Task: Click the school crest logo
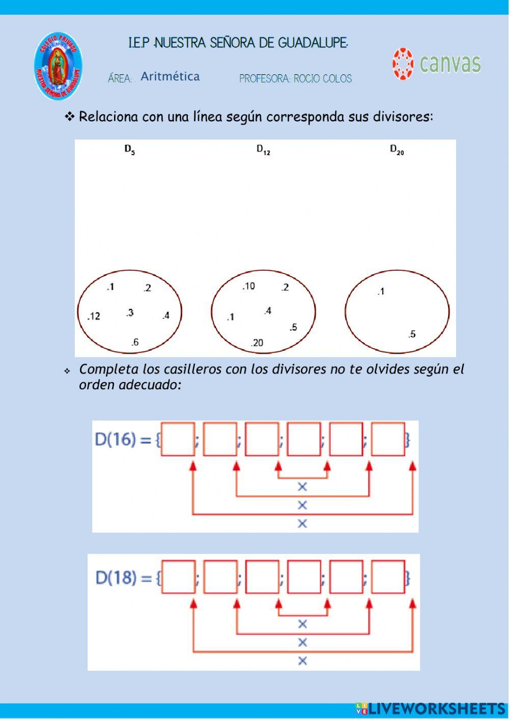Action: tap(58, 67)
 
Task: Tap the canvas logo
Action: tap(436, 64)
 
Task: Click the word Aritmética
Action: tap(170, 76)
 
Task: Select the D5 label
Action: tap(130, 150)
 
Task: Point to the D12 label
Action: tap(263, 150)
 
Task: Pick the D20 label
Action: tap(397, 150)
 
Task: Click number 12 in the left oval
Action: tap(94, 316)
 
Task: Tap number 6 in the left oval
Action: tap(135, 342)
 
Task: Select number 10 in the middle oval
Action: tap(248, 286)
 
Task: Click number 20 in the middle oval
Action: tap(257, 343)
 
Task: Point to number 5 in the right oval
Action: tap(412, 334)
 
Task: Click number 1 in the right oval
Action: tap(381, 292)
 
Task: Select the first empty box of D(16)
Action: tap(178, 439)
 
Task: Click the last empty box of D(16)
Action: tap(388, 439)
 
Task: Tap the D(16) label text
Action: tap(123, 440)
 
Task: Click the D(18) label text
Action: tap(124, 578)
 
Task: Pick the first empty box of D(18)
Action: tap(178, 577)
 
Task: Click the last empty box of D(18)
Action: tap(388, 577)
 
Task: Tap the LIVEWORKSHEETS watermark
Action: tap(430, 709)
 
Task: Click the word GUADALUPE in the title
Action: tap(313, 43)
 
